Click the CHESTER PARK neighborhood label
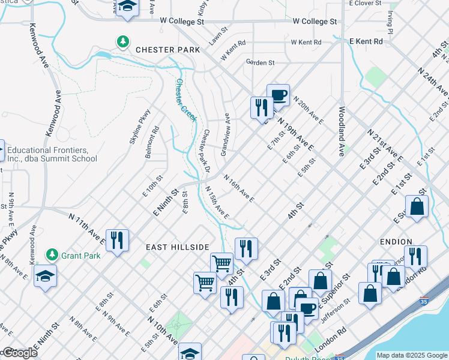click(x=167, y=50)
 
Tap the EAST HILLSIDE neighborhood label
click(x=177, y=247)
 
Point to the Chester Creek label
click(x=185, y=100)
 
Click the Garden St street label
click(x=260, y=62)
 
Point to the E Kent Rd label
click(x=366, y=41)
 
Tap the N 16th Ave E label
click(x=239, y=188)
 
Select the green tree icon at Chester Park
click(x=123, y=41)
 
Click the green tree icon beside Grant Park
click(x=52, y=254)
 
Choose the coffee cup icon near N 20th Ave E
click(x=278, y=95)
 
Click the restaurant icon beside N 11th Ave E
click(x=117, y=240)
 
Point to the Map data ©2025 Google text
click(x=412, y=355)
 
